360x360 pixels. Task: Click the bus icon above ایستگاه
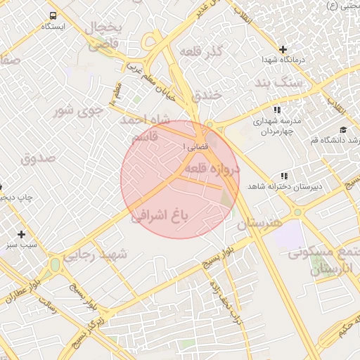click(53, 15)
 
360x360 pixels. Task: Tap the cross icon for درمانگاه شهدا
click(283, 50)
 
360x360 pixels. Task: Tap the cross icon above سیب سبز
click(22, 234)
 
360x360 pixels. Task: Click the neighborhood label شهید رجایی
click(96, 255)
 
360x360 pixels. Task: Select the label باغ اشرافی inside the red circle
click(160, 215)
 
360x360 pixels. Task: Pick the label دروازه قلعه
click(212, 169)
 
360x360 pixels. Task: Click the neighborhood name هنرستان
click(259, 224)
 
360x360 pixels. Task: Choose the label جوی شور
click(78, 110)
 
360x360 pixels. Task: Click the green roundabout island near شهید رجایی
click(55, 266)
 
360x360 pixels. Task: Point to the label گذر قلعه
click(201, 52)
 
